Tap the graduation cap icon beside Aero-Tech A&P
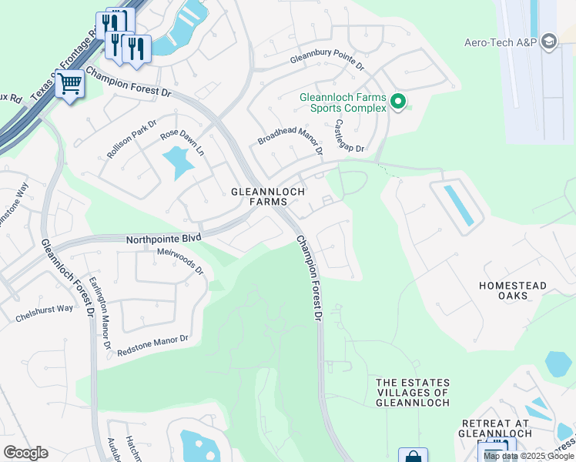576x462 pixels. pyautogui.click(x=549, y=42)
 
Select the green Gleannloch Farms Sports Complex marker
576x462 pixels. pyautogui.click(x=398, y=102)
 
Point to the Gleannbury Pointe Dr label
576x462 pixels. pyautogui.click(x=327, y=62)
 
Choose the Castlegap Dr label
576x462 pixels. pyautogui.click(x=348, y=136)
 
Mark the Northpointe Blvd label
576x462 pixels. pyautogui.click(x=163, y=239)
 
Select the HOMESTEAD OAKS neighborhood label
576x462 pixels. pyautogui.click(x=513, y=290)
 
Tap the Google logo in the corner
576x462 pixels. pyautogui.click(x=25, y=453)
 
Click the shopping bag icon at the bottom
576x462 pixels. pyautogui.click(x=412, y=456)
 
